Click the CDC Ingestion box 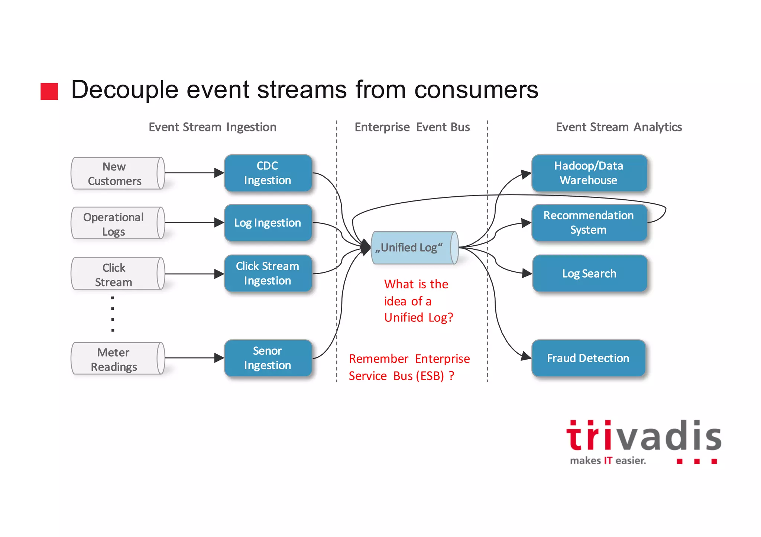point(268,173)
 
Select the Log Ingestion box point(268,223)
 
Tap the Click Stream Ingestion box point(268,274)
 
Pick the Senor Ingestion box point(268,358)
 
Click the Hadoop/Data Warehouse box point(589,173)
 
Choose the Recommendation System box point(589,223)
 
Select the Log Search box point(589,274)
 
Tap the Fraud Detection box point(588,358)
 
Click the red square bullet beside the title point(49,91)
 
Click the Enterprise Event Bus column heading point(412,127)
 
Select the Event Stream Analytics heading point(619,127)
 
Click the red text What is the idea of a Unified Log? point(418,301)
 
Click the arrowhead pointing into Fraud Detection point(526,356)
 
